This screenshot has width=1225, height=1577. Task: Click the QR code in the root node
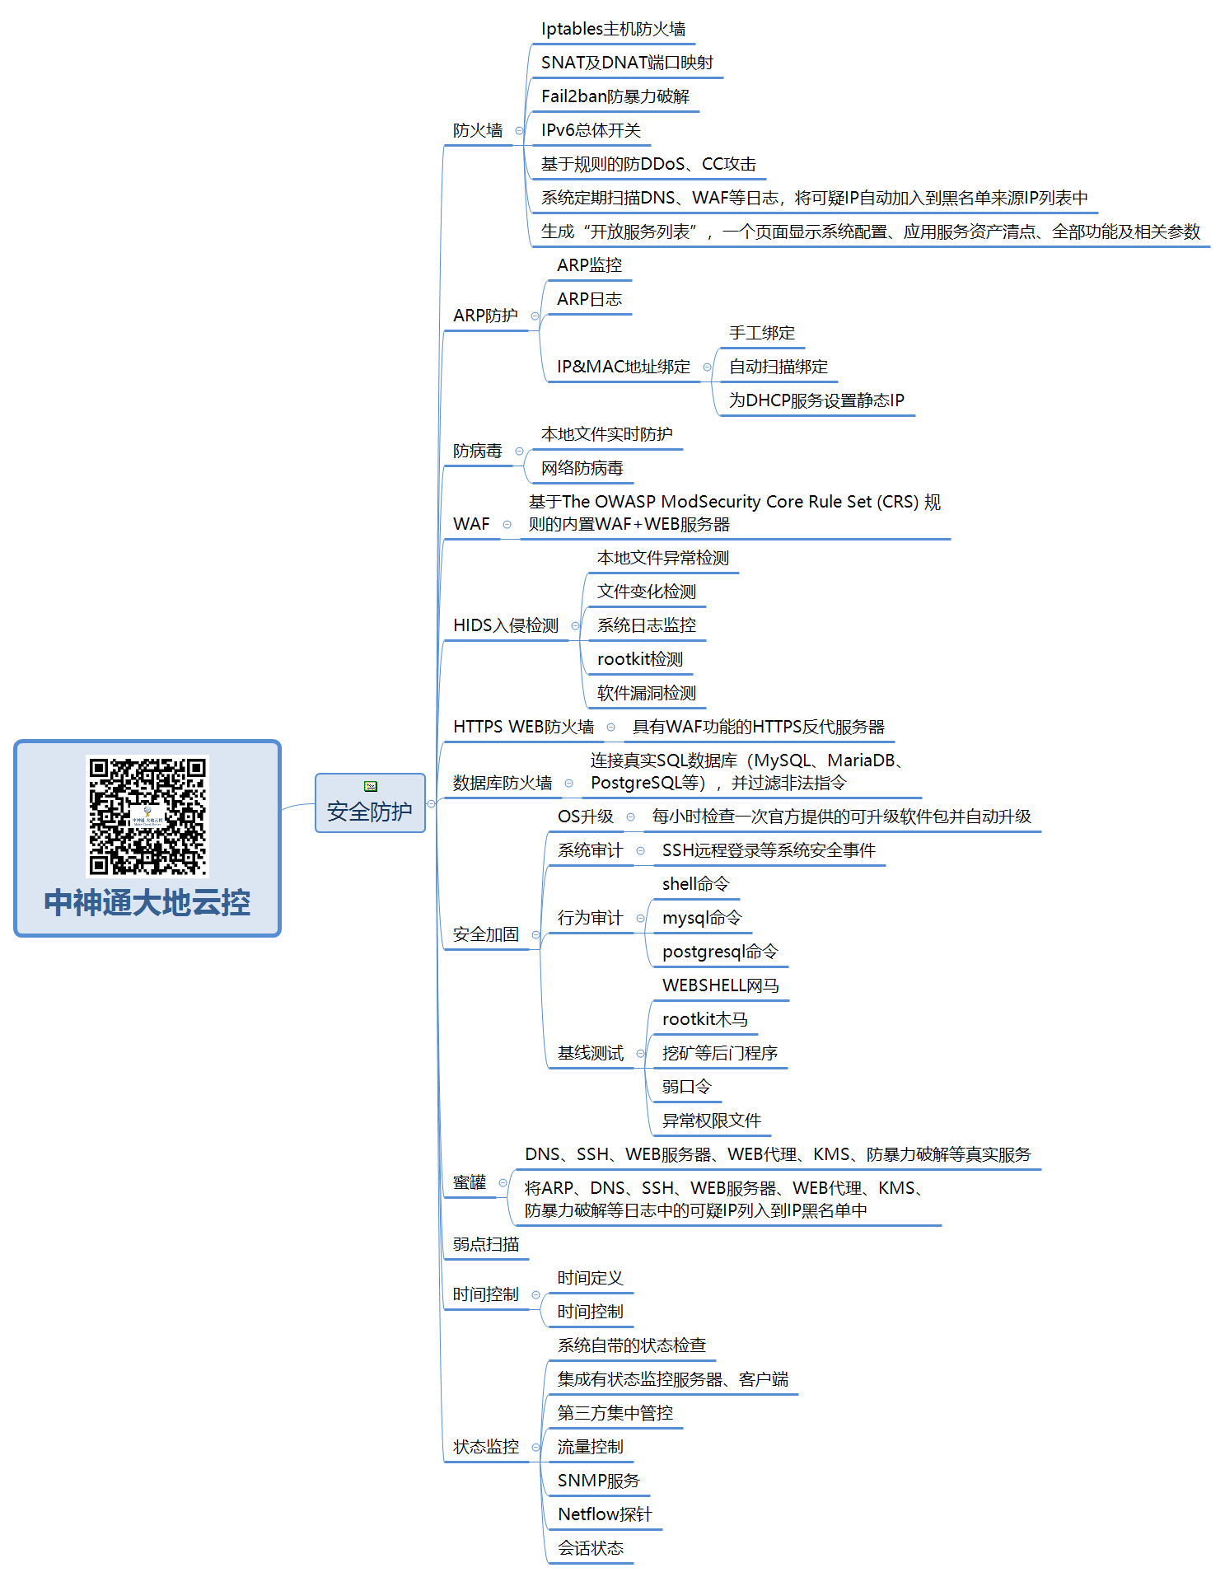pos(147,816)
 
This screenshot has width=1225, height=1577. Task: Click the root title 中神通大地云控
pos(147,903)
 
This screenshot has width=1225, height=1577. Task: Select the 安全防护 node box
pos(370,803)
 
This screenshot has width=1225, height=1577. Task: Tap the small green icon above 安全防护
pos(371,786)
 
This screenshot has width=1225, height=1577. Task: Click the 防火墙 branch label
pos(478,130)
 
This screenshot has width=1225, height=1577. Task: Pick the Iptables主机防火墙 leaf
pos(613,29)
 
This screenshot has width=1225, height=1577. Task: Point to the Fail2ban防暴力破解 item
pos(615,96)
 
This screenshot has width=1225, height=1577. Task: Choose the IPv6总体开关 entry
pos(591,130)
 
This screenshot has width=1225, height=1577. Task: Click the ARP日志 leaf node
pos(589,299)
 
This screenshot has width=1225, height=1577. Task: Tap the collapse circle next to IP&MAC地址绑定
pos(707,367)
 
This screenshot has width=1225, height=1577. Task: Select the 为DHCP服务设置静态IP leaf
pos(816,400)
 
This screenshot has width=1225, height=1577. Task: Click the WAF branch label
pos(471,524)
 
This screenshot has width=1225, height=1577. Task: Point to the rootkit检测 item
pos(640,659)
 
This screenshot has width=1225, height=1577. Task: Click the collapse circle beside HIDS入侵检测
pos(575,626)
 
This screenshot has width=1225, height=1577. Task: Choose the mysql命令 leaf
pos(702,918)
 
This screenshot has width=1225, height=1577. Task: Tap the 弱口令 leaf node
pos(686,1087)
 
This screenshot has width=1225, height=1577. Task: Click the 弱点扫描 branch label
pos(486,1244)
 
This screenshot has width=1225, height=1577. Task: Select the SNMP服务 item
pos(599,1481)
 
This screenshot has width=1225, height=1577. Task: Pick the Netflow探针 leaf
pos(605,1514)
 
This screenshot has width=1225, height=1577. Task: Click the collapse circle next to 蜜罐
pos(503,1183)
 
